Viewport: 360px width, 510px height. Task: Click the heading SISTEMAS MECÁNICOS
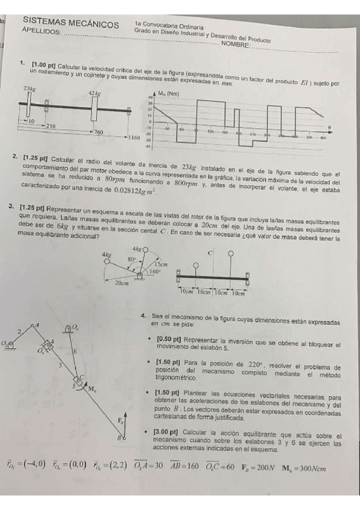pos(71,23)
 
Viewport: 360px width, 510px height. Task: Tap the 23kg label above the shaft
pos(29,88)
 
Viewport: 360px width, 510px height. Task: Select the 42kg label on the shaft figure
pos(94,93)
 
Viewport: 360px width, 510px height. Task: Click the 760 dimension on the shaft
pos(99,131)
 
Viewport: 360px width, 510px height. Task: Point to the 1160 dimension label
pos(133,138)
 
